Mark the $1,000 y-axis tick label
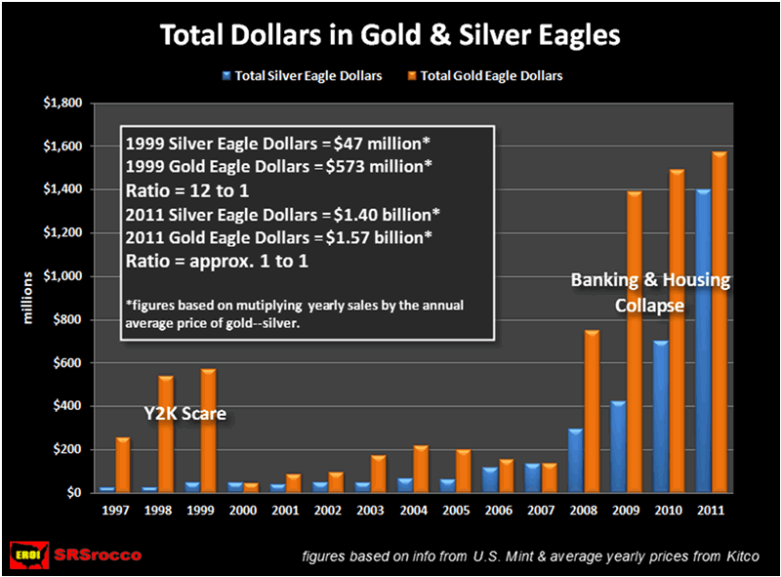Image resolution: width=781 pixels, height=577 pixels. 64,276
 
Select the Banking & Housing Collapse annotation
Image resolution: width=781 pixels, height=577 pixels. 650,292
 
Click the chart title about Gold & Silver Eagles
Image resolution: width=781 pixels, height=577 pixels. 390,37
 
